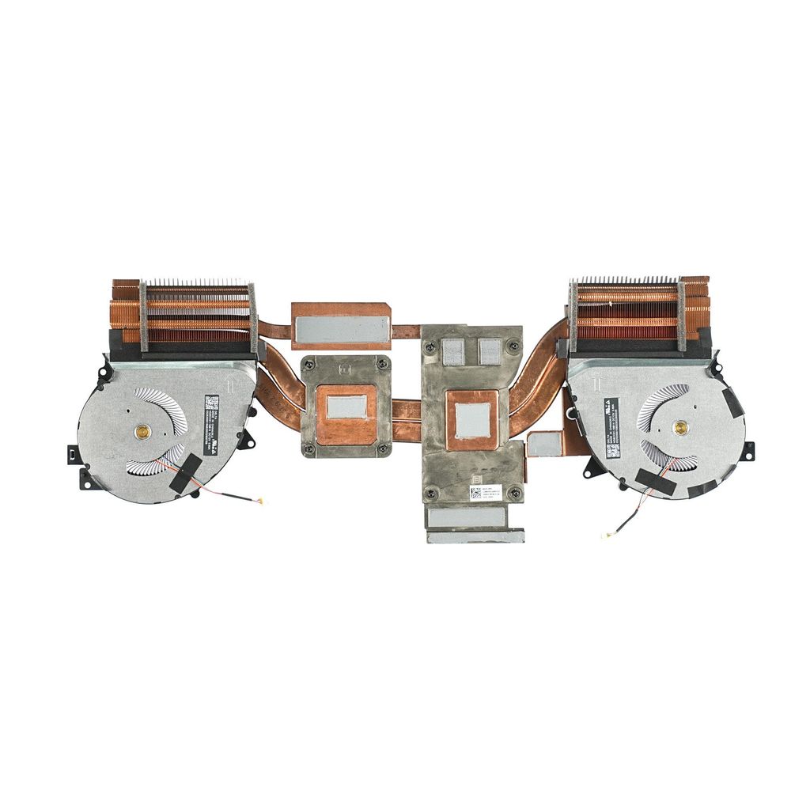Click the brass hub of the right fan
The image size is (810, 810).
point(679,428)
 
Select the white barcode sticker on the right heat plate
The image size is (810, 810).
point(475,492)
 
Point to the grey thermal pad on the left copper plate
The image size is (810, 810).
point(346,407)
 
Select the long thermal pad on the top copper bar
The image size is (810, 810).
point(341,329)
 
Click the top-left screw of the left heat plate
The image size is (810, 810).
point(311,365)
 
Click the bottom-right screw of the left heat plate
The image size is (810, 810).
point(383,449)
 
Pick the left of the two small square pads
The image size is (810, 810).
point(453,350)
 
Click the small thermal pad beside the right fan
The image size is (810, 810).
point(544,444)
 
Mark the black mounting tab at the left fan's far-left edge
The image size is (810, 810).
point(72,454)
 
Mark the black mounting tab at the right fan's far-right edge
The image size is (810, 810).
point(747,450)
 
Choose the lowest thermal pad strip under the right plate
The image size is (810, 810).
point(475,536)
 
